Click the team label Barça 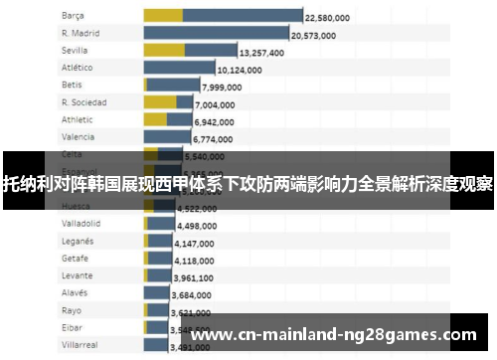73,16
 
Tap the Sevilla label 75,50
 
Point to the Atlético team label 77,68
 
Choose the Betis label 72,85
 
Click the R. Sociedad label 83,101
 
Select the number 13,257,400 266,53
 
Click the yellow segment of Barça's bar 163,16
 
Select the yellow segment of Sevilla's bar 164,50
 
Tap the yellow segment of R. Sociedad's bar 159,101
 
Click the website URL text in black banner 332,335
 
